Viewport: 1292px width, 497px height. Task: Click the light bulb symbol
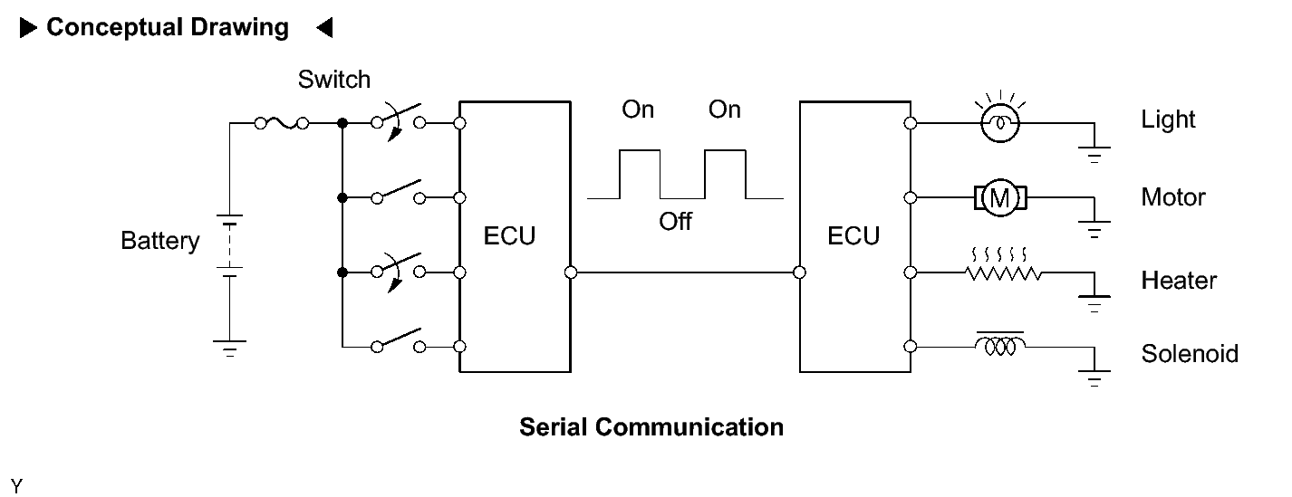pyautogui.click(x=1000, y=119)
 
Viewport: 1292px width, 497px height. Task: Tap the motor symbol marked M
pyautogui.click(x=1000, y=197)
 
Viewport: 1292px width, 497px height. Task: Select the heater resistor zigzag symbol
pyautogui.click(x=1003, y=266)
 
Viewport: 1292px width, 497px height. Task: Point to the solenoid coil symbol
pyautogui.click(x=1001, y=344)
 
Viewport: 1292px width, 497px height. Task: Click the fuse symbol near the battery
pyautogui.click(x=282, y=123)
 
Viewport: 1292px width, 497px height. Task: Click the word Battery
pyautogui.click(x=159, y=241)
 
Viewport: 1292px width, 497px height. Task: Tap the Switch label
pyautogui.click(x=334, y=80)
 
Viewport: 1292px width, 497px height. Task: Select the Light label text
pyautogui.click(x=1168, y=119)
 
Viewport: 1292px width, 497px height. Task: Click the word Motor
pyautogui.click(x=1173, y=197)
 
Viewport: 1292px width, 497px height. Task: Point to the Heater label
pyautogui.click(x=1179, y=281)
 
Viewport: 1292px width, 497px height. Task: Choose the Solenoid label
pyautogui.click(x=1190, y=353)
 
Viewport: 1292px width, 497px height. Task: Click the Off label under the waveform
pyautogui.click(x=675, y=222)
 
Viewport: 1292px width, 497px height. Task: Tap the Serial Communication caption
pyautogui.click(x=651, y=427)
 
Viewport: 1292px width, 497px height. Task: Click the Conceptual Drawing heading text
pyautogui.click(x=168, y=28)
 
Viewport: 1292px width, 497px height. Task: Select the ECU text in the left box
pyautogui.click(x=509, y=235)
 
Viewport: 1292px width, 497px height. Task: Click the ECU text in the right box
pyautogui.click(x=853, y=235)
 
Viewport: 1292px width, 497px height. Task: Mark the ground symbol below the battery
pyautogui.click(x=229, y=349)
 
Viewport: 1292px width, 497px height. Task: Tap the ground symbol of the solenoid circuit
pyautogui.click(x=1094, y=378)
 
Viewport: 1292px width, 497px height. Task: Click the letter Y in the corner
pyautogui.click(x=16, y=486)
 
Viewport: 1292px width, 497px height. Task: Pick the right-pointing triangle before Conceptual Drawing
pyautogui.click(x=28, y=28)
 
